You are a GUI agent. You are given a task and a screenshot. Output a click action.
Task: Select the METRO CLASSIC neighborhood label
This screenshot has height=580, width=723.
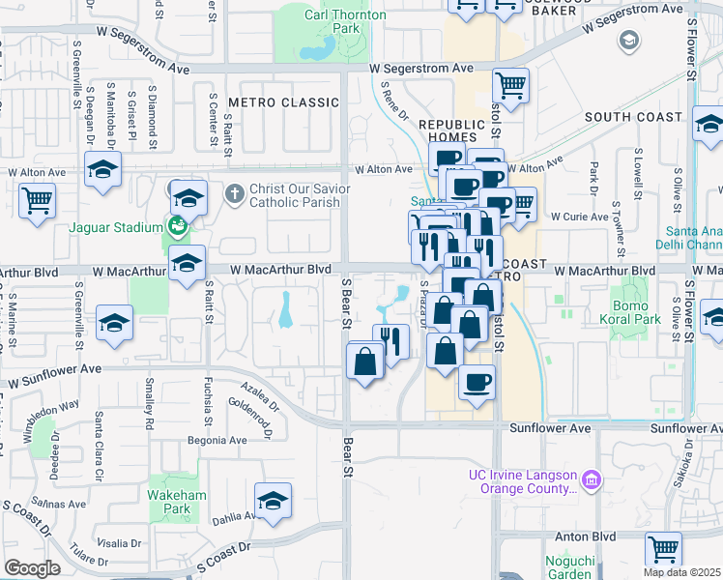[278, 102]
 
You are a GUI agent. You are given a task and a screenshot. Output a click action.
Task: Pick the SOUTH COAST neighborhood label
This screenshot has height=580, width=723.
[633, 117]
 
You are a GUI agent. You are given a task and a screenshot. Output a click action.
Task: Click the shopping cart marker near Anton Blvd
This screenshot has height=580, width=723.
[663, 549]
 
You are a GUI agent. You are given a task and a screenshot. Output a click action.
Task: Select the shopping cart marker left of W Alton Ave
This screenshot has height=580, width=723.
[37, 201]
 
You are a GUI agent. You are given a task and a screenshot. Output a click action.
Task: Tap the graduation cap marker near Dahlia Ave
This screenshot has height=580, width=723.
[273, 501]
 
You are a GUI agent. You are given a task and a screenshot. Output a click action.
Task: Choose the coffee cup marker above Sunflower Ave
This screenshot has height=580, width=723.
[477, 382]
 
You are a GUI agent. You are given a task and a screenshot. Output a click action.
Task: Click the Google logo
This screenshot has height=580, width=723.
[33, 568]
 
